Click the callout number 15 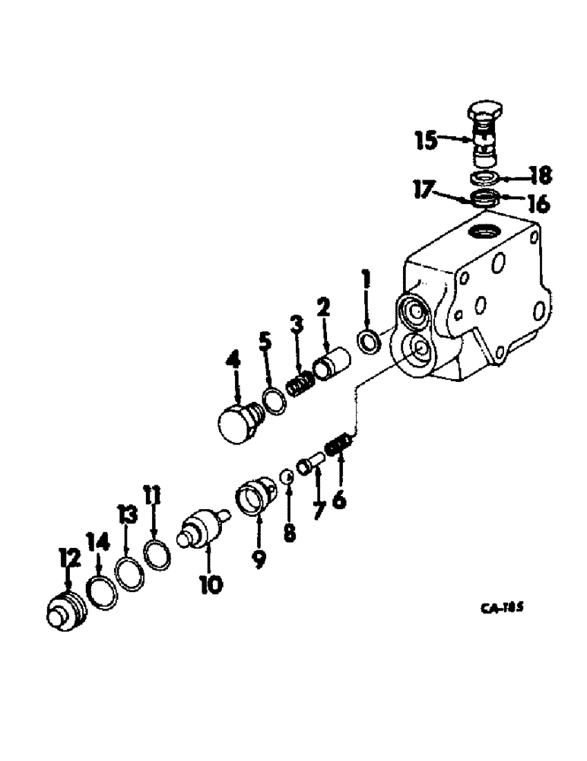[425, 139]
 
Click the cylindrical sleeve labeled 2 [332, 362]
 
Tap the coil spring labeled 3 [300, 380]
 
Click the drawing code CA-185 [504, 607]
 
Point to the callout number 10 [211, 584]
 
